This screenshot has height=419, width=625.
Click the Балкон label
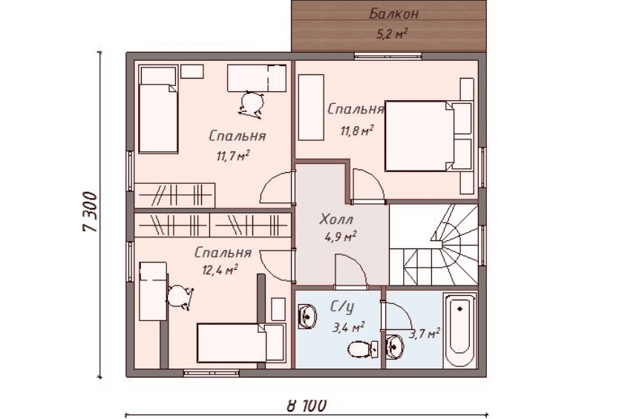point(394,14)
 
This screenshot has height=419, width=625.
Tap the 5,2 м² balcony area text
point(392,33)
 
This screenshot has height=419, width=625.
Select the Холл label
point(336,219)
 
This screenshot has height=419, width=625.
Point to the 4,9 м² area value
point(341,237)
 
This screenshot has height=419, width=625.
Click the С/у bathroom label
point(342,307)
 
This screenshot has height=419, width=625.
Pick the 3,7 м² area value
point(425,334)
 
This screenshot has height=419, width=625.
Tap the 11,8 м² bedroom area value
point(357,131)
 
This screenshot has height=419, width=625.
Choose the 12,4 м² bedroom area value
point(220,270)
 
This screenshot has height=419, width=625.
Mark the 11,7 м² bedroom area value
point(233,155)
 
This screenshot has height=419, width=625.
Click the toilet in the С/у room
point(363,349)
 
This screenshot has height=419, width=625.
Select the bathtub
point(460,330)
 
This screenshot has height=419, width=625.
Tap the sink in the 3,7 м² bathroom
point(395,346)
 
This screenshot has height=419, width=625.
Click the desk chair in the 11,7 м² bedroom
point(252,105)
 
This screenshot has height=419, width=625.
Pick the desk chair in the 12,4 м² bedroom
point(180,297)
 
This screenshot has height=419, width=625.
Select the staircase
point(433,245)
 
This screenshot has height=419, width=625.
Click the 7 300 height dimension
point(90,212)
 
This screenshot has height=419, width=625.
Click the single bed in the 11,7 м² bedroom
point(158,110)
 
